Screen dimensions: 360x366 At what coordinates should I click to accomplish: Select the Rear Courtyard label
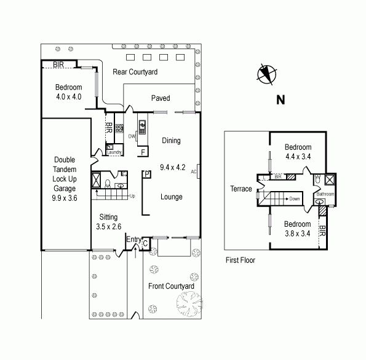[x=135, y=72]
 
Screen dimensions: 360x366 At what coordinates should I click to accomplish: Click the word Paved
[x=161, y=98]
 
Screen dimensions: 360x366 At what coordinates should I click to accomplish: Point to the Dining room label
[x=171, y=141]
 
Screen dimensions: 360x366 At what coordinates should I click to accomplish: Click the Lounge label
[x=171, y=197]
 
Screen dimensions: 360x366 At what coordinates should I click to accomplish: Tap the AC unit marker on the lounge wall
[x=194, y=171]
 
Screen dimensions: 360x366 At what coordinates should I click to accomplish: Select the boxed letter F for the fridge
[x=143, y=152]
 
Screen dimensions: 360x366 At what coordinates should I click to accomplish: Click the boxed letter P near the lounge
[x=147, y=174]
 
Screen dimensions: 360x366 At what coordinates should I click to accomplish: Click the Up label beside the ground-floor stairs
[x=131, y=197]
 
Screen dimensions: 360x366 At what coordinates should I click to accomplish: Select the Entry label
[x=133, y=240]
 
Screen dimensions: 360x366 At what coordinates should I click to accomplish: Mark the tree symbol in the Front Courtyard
[x=189, y=304]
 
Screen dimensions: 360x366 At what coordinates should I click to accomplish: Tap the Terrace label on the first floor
[x=241, y=189]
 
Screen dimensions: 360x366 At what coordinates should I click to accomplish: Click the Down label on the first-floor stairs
[x=295, y=199]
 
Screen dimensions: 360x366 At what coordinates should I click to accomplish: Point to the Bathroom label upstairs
[x=325, y=194]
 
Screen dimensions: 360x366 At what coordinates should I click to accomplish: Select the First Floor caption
[x=240, y=260]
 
